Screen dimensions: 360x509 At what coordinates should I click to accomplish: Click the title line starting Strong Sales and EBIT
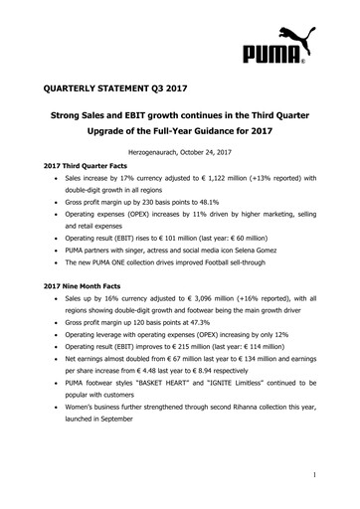(180, 117)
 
